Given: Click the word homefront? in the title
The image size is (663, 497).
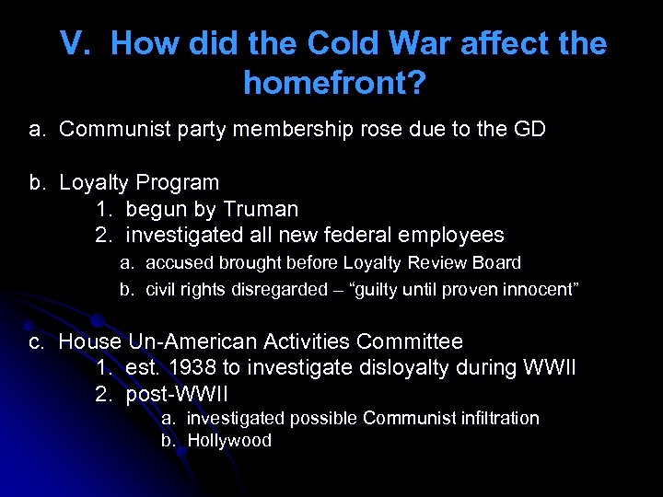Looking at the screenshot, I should coord(334,84).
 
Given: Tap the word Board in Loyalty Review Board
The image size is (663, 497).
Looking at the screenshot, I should coord(497,263).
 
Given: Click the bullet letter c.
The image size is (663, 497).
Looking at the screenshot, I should coord(36,342).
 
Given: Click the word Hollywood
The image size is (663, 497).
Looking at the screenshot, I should coord(229,441).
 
